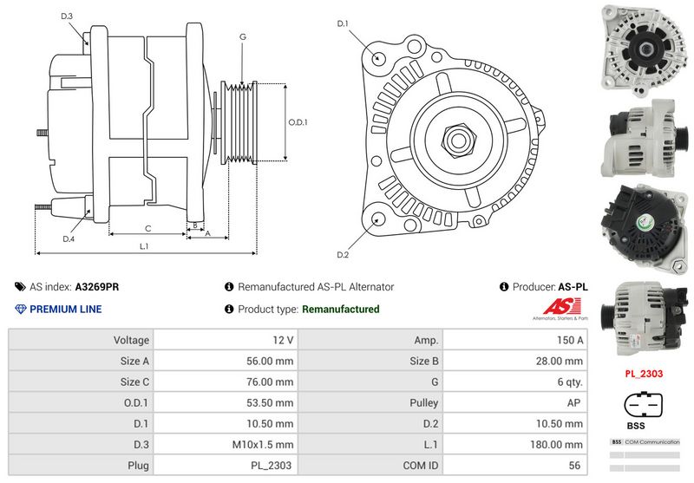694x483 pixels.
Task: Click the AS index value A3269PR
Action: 97,286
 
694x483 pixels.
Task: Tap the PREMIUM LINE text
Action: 65,310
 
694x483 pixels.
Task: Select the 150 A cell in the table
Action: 514,340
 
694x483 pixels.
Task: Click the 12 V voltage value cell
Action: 226,340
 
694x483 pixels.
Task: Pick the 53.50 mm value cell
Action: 226,403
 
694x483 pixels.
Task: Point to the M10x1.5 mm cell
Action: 226,445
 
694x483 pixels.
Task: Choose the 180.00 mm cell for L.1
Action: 514,445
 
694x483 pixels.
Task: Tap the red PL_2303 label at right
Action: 644,374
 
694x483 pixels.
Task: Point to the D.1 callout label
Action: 342,23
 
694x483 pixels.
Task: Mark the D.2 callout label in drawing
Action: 342,255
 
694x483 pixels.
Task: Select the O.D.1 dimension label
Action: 298,122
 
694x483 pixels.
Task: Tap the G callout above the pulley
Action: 243,36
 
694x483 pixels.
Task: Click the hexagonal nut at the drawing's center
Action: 458,138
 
